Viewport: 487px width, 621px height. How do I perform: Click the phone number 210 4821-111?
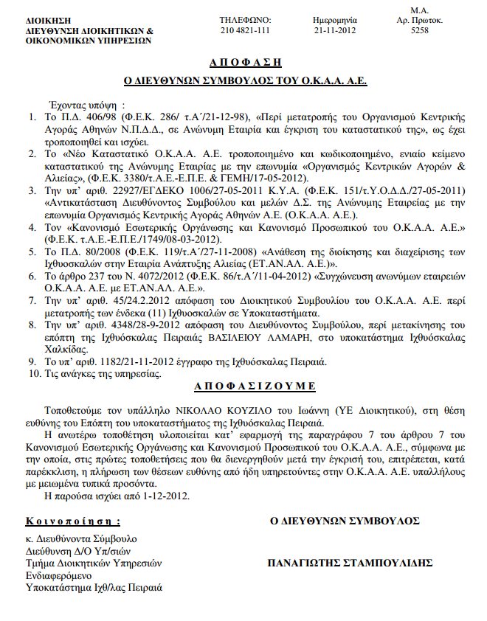(244, 30)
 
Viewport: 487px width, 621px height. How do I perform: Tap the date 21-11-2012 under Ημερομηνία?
(335, 30)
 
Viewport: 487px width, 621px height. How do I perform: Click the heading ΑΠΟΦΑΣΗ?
(244, 62)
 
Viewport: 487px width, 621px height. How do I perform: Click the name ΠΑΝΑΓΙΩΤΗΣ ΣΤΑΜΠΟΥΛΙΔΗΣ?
(350, 563)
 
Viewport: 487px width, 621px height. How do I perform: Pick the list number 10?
(32, 374)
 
